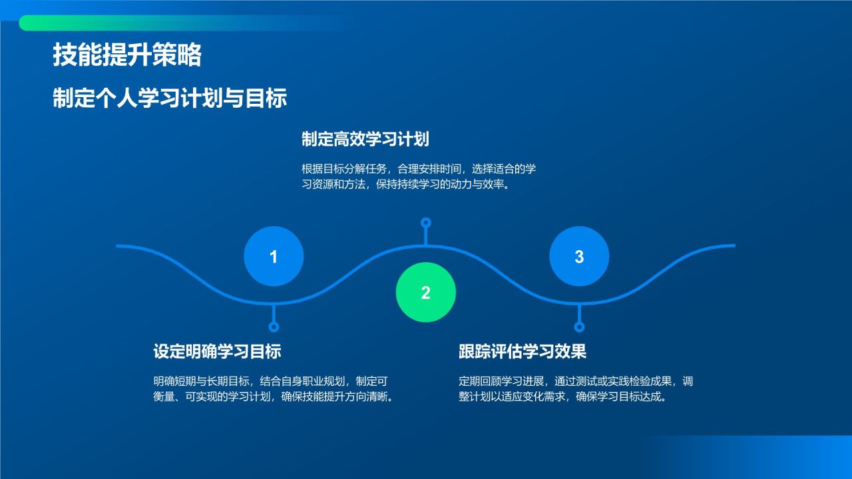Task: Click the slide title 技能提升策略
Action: [127, 56]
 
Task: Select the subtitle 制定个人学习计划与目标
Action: [170, 98]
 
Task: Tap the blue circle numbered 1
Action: [274, 256]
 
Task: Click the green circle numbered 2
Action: [426, 292]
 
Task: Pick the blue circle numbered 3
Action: [579, 256]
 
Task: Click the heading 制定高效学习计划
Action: [365, 139]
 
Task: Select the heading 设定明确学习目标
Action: [217, 351]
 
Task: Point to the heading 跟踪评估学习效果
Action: [523, 351]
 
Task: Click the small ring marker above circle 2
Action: [426, 222]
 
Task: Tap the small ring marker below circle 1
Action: [274, 327]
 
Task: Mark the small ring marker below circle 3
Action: [579, 327]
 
